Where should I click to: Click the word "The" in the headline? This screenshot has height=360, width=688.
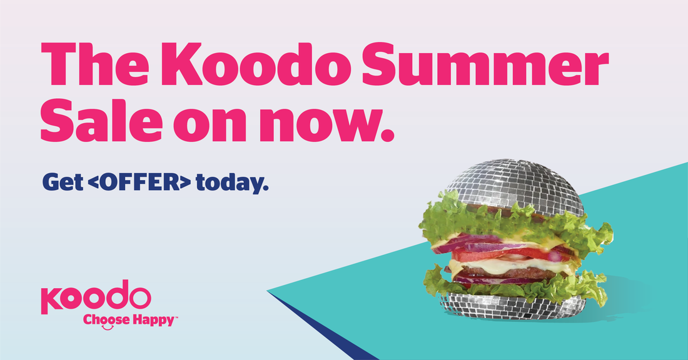coord(95,64)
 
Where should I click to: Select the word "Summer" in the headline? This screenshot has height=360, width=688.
coord(485,64)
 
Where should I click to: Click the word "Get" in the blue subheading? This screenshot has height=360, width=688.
coord(63,181)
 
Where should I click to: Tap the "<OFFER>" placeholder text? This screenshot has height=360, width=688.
coord(139,181)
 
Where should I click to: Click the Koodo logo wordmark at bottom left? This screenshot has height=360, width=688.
coord(96,297)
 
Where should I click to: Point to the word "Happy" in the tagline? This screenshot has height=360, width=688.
coord(154,321)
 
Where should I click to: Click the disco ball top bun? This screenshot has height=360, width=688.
coord(515,184)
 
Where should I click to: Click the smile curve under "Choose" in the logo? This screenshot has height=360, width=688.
coord(108,327)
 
